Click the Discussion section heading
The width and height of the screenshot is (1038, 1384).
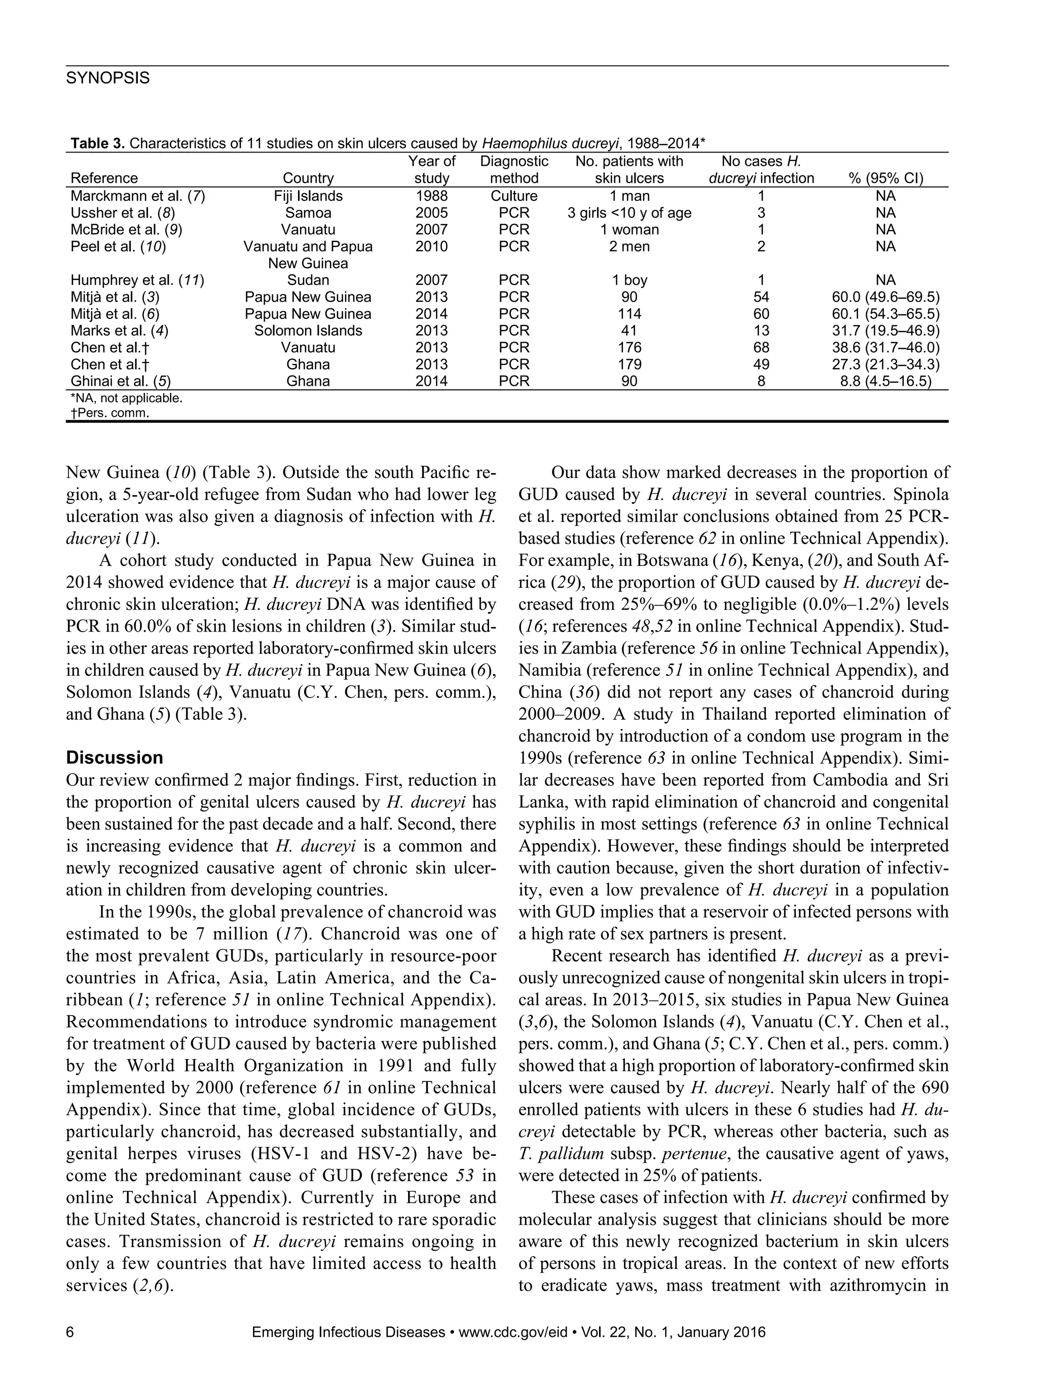[114, 758]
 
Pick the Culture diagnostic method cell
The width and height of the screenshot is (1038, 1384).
[514, 196]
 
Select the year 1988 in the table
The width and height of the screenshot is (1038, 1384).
[432, 196]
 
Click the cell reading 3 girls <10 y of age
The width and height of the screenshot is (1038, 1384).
[629, 213]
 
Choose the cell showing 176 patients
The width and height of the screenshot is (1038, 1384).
[629, 347]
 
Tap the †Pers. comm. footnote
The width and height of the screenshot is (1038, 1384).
[109, 414]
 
